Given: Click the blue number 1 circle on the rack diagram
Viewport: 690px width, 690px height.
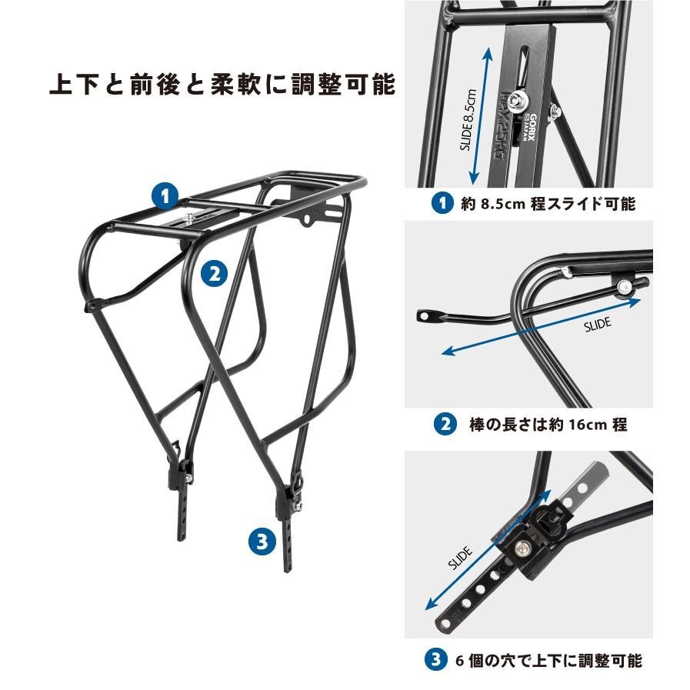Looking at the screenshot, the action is pyautogui.click(x=165, y=196).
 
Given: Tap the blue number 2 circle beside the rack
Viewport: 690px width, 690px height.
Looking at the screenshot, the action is pyautogui.click(x=215, y=273).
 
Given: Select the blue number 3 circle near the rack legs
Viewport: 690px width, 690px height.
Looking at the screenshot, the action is pyautogui.click(x=262, y=541).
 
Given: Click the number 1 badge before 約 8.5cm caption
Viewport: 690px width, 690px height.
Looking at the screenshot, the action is pyautogui.click(x=442, y=203).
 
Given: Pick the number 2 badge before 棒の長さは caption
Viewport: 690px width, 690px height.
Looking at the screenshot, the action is pyautogui.click(x=445, y=424).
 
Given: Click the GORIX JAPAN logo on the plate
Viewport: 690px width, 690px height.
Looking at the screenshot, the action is pyautogui.click(x=529, y=128).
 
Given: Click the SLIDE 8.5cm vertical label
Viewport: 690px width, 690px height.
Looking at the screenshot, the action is pyautogui.click(x=468, y=120).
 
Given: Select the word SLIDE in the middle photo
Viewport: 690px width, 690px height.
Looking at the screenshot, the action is pyautogui.click(x=598, y=325).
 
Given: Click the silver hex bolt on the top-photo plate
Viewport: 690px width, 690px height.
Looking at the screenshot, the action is pyautogui.click(x=515, y=102).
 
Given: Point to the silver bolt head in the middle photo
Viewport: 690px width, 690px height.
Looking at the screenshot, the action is pyautogui.click(x=624, y=287).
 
